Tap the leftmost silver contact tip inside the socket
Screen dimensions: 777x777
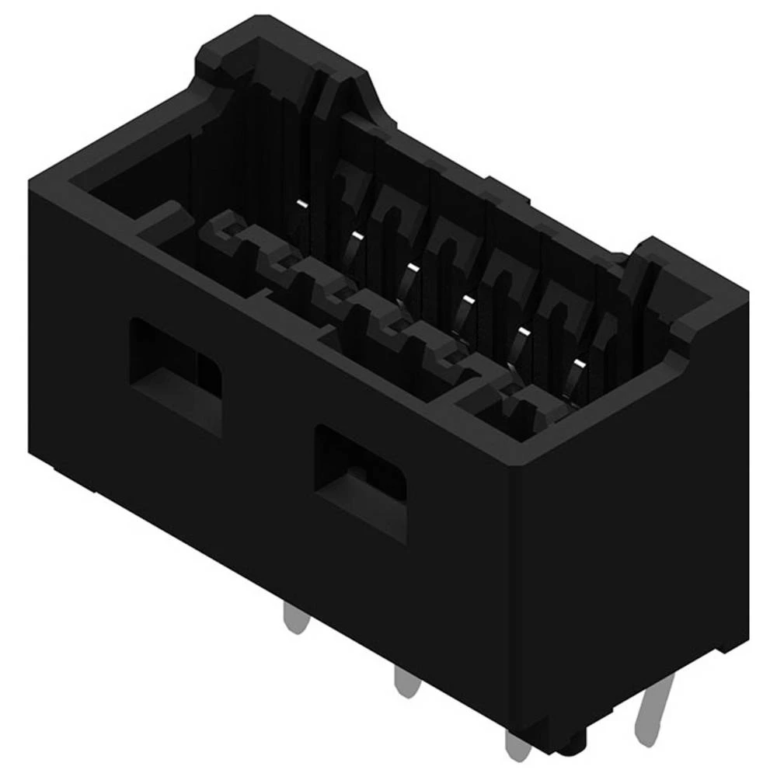(x=301, y=204)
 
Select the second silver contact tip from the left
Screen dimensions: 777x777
(x=356, y=234)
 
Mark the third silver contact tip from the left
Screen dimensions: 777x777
(x=412, y=268)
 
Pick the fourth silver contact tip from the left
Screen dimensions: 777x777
(x=467, y=300)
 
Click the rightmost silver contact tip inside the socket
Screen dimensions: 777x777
(x=577, y=364)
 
